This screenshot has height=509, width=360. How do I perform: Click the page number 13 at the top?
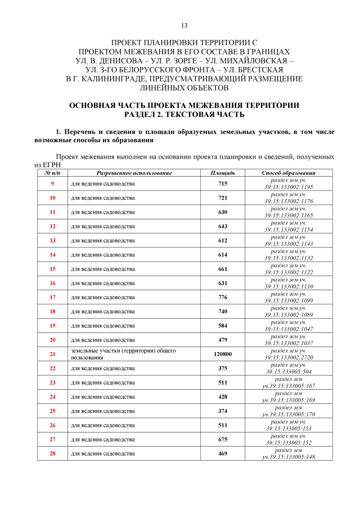click(184, 26)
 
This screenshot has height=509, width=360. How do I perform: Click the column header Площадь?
click(222, 173)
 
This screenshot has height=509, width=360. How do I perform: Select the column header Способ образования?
click(289, 173)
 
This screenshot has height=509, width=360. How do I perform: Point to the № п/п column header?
click(52, 173)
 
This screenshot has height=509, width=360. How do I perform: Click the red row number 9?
click(52, 184)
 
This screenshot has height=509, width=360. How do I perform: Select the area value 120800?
click(222, 354)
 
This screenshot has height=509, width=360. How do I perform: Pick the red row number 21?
click(52, 354)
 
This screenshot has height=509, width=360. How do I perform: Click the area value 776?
click(222, 297)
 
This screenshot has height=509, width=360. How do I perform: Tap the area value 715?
click(222, 184)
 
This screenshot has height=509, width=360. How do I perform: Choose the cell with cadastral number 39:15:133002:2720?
click(289, 357)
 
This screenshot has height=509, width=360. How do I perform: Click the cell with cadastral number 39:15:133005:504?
click(289, 372)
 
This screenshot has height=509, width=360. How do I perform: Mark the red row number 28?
click(52, 453)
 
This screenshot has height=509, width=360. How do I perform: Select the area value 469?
click(222, 453)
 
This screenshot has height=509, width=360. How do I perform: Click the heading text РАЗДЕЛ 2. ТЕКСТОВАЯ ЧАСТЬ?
click(184, 114)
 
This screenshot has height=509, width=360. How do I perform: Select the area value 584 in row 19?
click(222, 326)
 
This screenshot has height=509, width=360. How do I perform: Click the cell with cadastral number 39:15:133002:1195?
click(289, 187)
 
